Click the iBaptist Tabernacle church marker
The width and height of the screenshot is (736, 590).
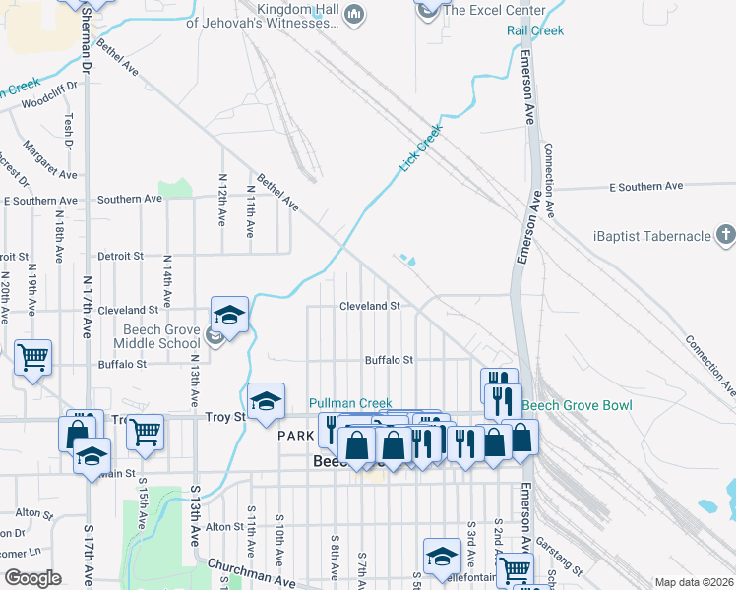[725, 235]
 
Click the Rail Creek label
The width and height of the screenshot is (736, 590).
[535, 30]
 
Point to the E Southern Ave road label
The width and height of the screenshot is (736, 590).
[645, 186]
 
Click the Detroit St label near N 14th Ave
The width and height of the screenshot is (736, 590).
[121, 256]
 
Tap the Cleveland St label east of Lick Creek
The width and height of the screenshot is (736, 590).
[369, 306]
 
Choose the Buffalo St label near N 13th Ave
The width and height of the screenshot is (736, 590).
[122, 364]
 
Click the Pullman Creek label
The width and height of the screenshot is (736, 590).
[350, 403]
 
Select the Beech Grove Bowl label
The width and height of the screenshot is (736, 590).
[577, 405]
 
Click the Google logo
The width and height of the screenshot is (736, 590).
[32, 578]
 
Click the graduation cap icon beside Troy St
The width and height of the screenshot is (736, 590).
[266, 401]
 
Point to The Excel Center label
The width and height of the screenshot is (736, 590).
[494, 10]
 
